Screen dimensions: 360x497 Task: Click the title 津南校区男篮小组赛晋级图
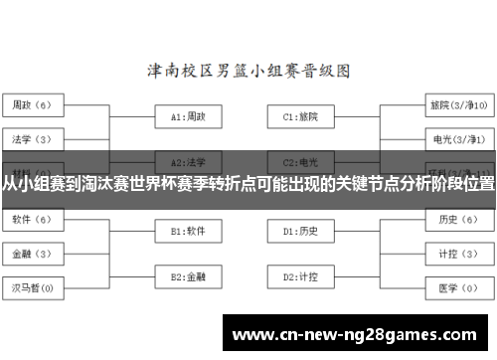pyautogui.click(x=248, y=71)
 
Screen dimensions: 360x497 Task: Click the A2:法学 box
pyautogui.click(x=188, y=160)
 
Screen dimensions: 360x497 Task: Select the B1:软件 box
pyautogui.click(x=188, y=232)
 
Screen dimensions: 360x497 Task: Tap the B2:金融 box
pyautogui.click(x=188, y=276)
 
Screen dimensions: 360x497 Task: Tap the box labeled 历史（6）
pyautogui.click(x=456, y=220)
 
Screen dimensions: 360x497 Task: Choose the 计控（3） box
pyautogui.click(x=456, y=254)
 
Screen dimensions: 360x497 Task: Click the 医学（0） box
pyautogui.click(x=456, y=288)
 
